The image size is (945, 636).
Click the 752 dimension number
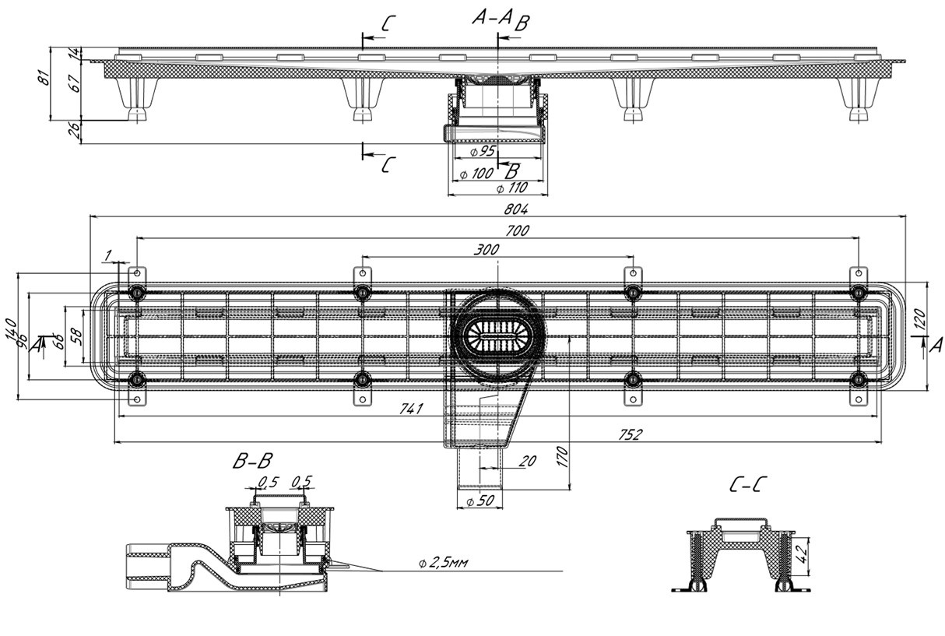point(630,435)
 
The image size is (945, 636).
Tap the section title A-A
point(492,18)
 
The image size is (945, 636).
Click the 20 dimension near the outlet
point(526,461)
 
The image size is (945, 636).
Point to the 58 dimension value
point(75,336)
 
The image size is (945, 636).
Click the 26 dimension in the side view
point(75,132)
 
